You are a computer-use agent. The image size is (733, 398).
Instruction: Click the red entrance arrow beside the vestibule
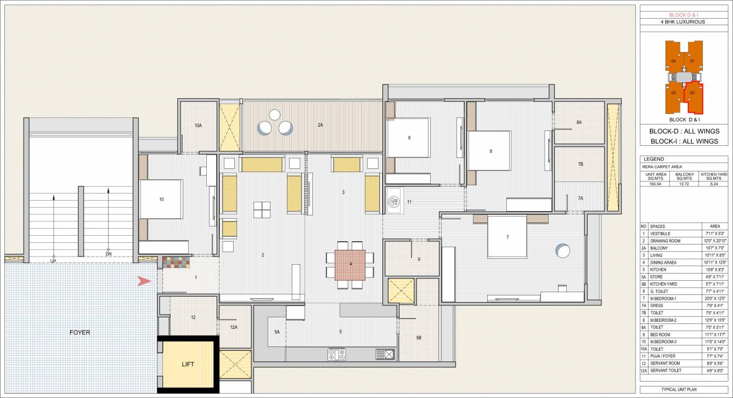point(144,281)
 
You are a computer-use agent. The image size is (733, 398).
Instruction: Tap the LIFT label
point(188,364)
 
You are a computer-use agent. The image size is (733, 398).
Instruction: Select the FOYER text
point(80,332)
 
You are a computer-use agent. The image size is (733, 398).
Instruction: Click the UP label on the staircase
point(53,261)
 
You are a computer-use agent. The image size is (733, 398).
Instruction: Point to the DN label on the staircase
point(108,254)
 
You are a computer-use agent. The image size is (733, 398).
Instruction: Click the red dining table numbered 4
point(350,265)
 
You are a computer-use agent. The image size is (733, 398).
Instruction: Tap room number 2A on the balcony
point(320,125)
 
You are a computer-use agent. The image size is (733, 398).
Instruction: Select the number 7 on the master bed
point(508,237)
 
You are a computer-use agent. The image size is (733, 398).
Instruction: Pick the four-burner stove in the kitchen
point(336,354)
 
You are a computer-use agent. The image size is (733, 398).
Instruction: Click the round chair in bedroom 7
point(563,251)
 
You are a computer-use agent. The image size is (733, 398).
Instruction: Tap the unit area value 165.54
point(653,185)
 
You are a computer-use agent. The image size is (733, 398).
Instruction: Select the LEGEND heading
point(655,159)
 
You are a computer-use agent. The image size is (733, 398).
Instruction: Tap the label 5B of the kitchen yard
point(419,338)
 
